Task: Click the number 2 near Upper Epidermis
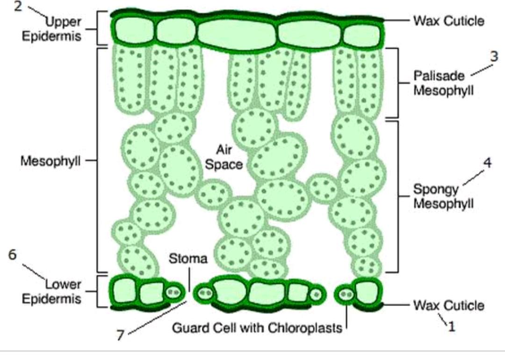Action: click(18, 8)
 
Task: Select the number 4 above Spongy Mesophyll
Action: click(487, 164)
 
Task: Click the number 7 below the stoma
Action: click(121, 336)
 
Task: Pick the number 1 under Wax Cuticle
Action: click(451, 326)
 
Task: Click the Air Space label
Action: click(225, 157)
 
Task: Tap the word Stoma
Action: click(188, 259)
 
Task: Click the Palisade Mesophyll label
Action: click(443, 83)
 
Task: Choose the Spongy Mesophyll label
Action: click(443, 196)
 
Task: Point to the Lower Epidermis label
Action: click(51, 291)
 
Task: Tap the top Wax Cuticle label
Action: click(448, 21)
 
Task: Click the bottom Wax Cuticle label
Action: click(448, 305)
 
